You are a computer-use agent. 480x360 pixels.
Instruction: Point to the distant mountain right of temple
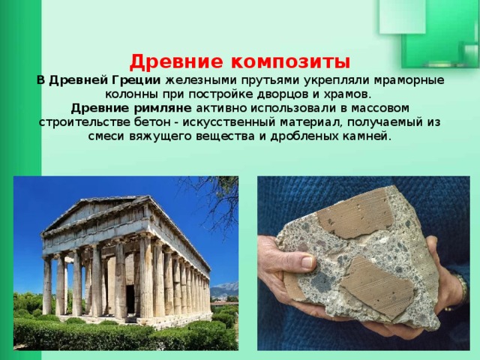click(x=223, y=289)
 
